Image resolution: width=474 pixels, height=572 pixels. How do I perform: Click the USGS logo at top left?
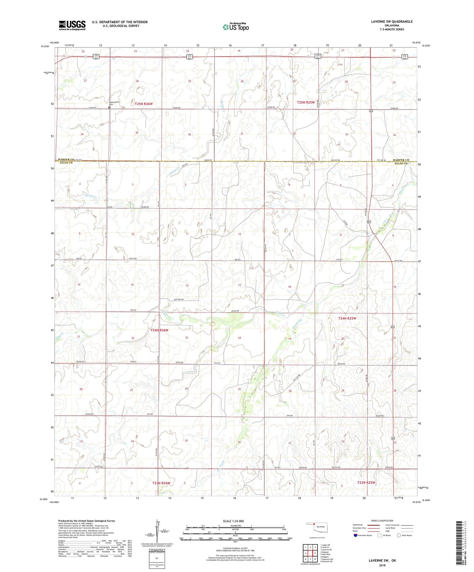72,25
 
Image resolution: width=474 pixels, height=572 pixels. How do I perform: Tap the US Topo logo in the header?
236,27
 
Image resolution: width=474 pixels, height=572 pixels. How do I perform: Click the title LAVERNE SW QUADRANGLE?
392,22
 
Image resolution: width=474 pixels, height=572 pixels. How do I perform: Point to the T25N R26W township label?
144,104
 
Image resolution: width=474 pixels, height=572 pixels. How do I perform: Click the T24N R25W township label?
347,318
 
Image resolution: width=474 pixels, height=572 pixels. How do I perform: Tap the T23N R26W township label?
161,483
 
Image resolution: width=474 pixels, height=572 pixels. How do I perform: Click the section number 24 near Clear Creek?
239,338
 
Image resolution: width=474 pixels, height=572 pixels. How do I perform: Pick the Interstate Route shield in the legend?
356,535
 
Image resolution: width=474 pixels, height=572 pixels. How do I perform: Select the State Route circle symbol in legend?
399,535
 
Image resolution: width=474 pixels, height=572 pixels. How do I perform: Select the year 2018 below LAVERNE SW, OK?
382,565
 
